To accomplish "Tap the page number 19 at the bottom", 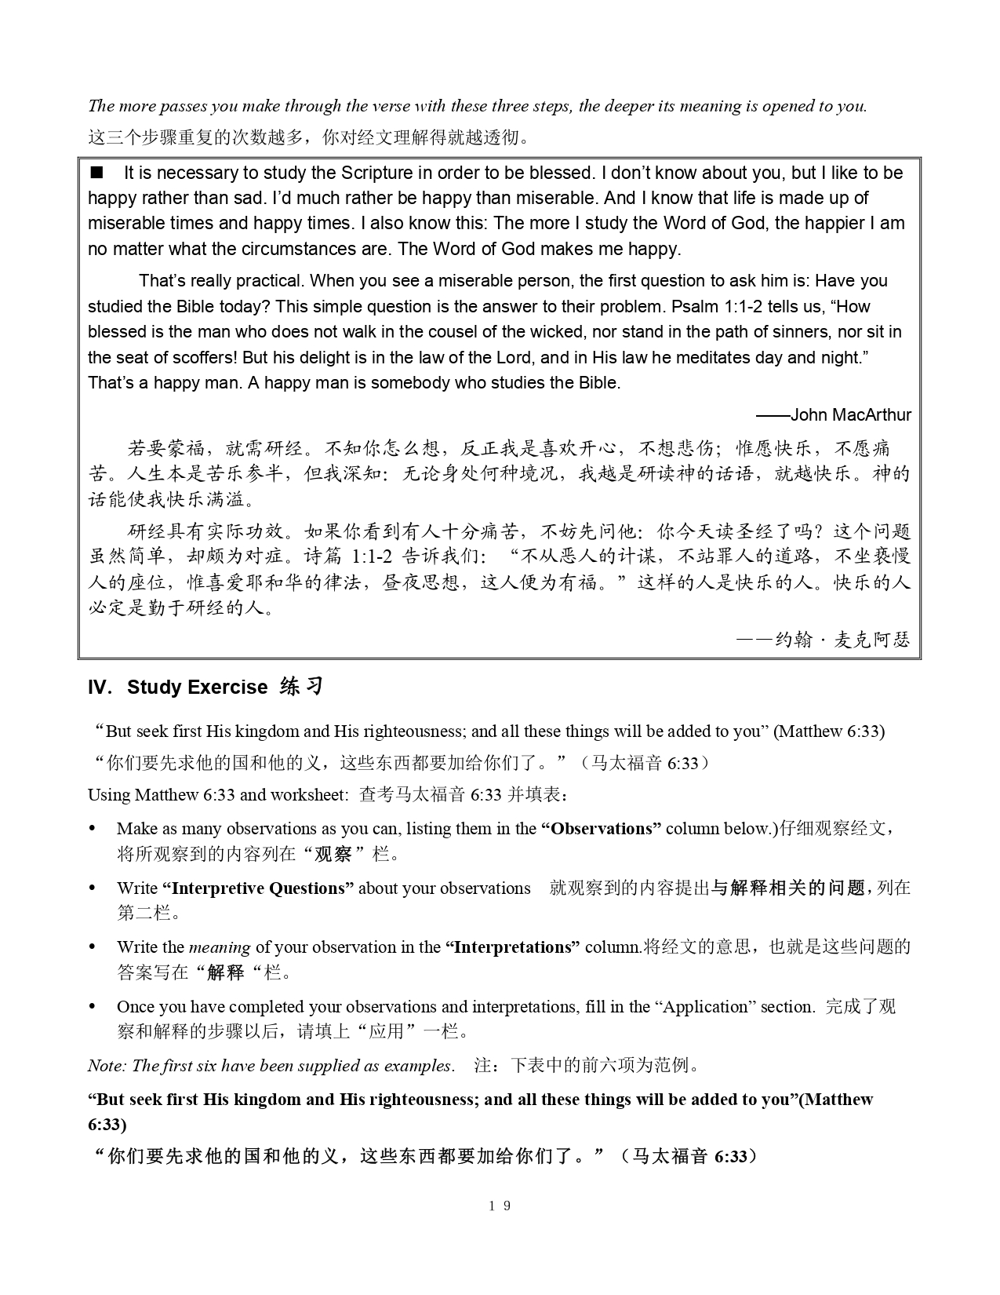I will click(500, 1206).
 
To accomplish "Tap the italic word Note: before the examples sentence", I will click(107, 1066).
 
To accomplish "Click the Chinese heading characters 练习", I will click(302, 687).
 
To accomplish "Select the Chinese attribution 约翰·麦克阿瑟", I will click(842, 640).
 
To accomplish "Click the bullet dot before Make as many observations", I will click(93, 829).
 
